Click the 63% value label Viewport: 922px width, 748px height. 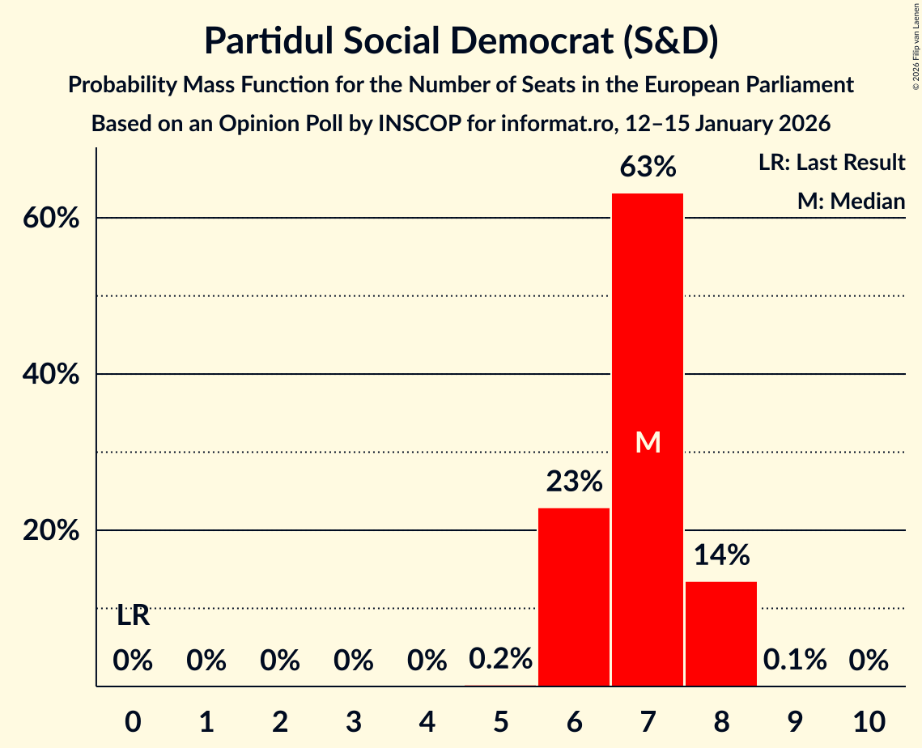(x=648, y=167)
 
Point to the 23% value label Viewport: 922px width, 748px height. (x=574, y=482)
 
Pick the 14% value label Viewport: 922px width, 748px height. (x=721, y=555)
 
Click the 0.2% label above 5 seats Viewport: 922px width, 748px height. (x=500, y=660)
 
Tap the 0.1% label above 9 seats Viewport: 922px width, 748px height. (x=795, y=660)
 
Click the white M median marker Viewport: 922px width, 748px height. (x=648, y=442)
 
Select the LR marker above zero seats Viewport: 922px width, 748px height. (x=133, y=616)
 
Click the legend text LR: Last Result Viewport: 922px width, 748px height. (x=831, y=163)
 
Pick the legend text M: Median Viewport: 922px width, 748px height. (x=851, y=201)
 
